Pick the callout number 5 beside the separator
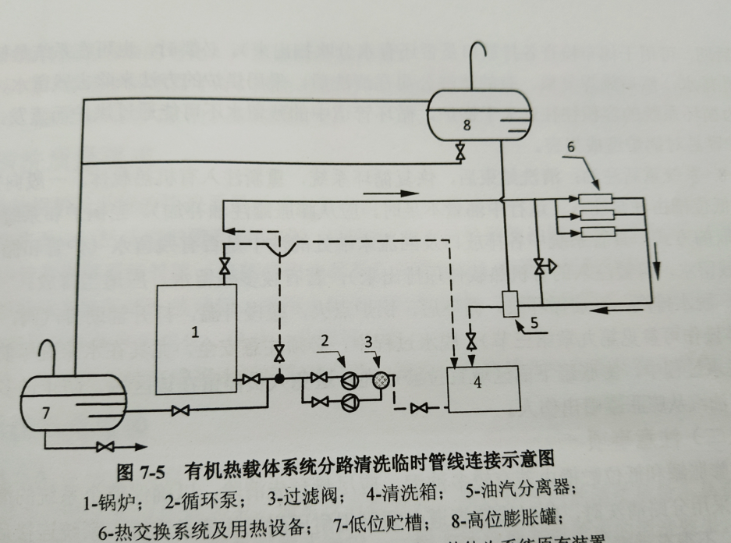point(534,319)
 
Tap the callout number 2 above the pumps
point(325,341)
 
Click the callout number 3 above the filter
point(368,342)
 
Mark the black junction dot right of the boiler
point(279,378)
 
